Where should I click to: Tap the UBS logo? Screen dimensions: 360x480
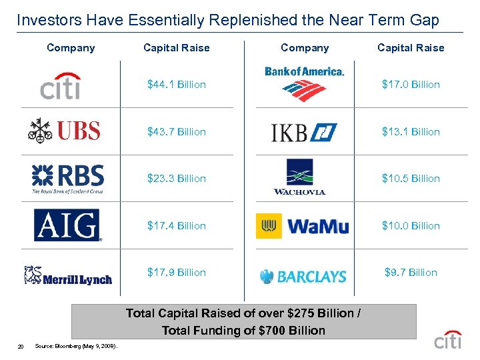(x=65, y=129)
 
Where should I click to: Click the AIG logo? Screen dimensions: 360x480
(x=67, y=225)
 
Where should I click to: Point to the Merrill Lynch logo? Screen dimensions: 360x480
(x=67, y=275)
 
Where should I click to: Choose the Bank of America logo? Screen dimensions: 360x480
(x=304, y=83)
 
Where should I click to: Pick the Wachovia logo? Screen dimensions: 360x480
(x=299, y=177)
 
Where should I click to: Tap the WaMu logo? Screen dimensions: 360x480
(x=303, y=226)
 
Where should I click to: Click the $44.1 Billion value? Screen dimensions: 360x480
(x=177, y=85)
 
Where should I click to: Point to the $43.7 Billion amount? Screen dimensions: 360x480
(x=177, y=132)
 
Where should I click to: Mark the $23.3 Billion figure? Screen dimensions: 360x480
(x=177, y=179)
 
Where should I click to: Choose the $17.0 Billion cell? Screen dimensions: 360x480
(x=411, y=85)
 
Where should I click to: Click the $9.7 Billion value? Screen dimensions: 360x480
(x=411, y=273)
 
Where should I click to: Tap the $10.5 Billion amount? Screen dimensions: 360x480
(x=411, y=179)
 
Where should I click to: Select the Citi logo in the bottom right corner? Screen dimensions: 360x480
(x=448, y=339)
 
